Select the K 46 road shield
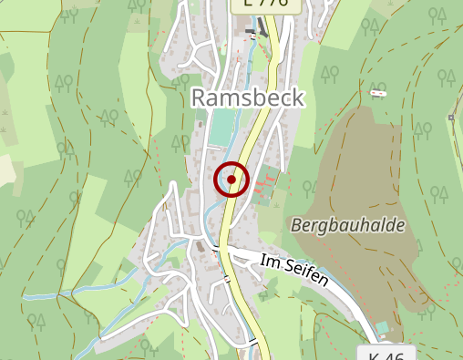[386, 354]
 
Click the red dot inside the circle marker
[231, 180]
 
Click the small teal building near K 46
[382, 327]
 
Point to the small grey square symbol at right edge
[451, 118]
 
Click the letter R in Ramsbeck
[200, 98]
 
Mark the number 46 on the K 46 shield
[395, 354]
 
